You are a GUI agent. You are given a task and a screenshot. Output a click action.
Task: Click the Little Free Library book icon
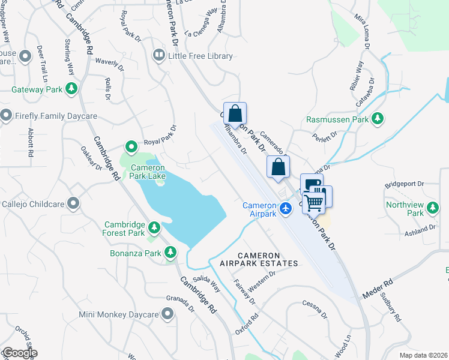[x=159, y=56]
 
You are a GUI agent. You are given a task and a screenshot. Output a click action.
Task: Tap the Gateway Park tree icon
[x=72, y=89]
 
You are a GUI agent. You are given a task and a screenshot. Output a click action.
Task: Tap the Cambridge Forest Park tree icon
[x=155, y=228]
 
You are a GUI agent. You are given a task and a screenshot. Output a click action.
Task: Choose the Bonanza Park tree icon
[x=170, y=252]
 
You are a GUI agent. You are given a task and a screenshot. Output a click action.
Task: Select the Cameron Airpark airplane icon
[x=285, y=208]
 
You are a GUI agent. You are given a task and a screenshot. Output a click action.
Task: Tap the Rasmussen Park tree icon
[x=378, y=119]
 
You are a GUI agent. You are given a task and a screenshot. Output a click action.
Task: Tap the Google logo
[x=20, y=353]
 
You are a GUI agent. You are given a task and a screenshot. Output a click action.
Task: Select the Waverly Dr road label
[x=109, y=61]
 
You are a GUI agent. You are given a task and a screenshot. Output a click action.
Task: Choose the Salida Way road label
[x=208, y=283]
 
